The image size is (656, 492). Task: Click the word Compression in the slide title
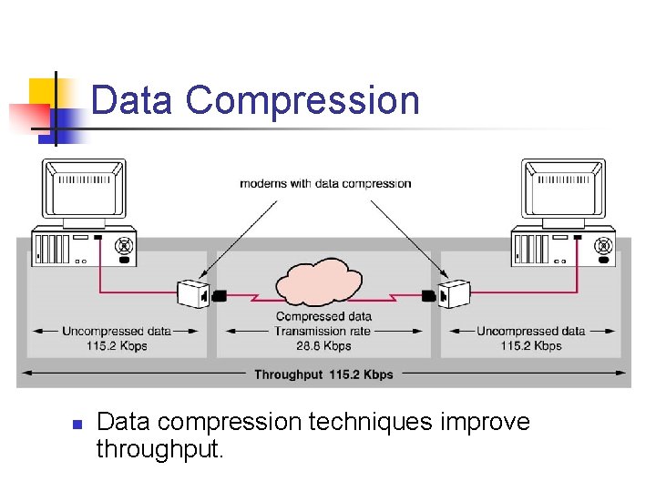click(302, 100)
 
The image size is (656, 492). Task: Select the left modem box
click(193, 293)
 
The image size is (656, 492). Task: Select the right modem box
click(454, 293)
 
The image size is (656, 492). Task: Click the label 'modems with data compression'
click(325, 183)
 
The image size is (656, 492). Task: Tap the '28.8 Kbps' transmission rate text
click(323, 346)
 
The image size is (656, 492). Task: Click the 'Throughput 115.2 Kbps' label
click(323, 374)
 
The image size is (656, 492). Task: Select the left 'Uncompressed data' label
click(116, 331)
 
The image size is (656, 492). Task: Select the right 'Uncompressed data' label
click(530, 331)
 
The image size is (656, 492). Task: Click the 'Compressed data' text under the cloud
click(323, 316)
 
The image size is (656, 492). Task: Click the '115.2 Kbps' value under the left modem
click(116, 346)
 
